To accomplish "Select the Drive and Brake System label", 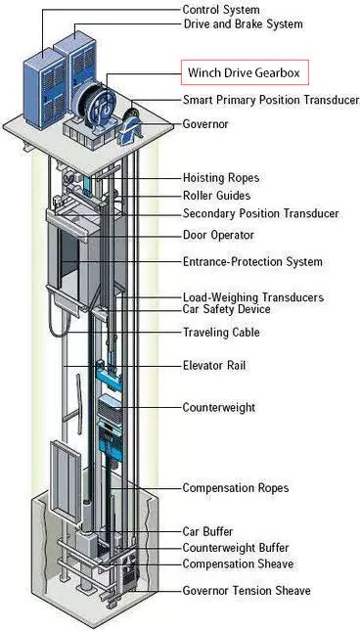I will (x=243, y=24).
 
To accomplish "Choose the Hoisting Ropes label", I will (x=220, y=179).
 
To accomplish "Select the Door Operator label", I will (x=219, y=235).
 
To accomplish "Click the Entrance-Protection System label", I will (x=252, y=262).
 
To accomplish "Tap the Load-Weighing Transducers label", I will (x=253, y=297).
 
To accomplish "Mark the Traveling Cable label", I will (x=221, y=333).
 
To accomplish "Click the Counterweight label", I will (x=218, y=406).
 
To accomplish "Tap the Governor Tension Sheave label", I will (x=247, y=591).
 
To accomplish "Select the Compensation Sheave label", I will (x=238, y=564).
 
